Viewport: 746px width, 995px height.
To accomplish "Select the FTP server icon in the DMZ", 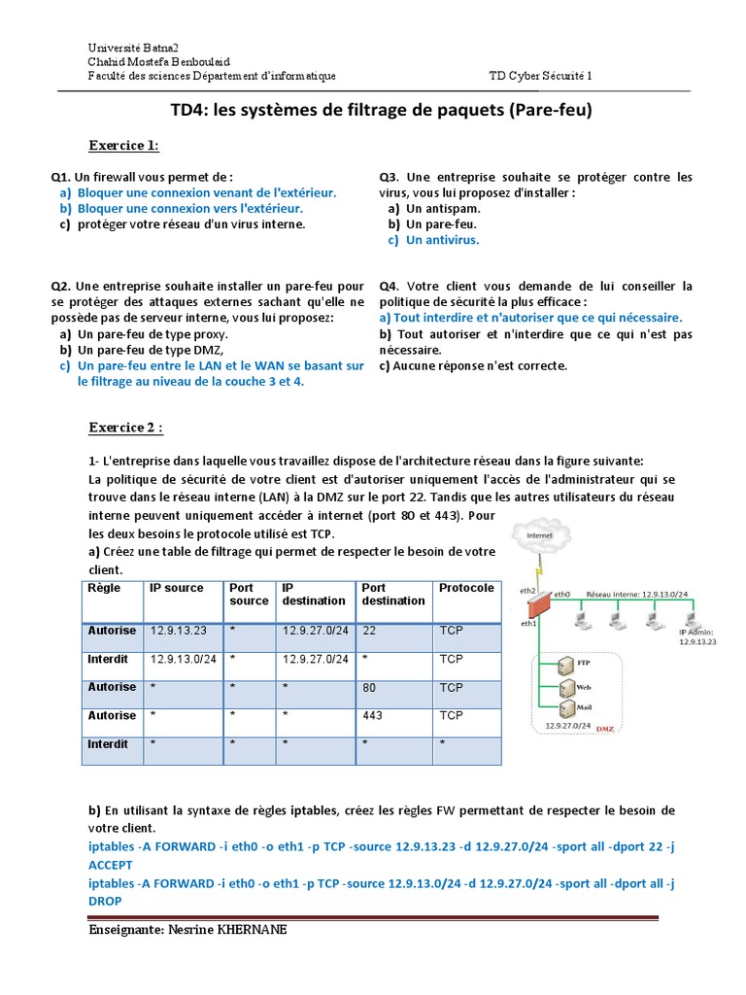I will (x=564, y=666).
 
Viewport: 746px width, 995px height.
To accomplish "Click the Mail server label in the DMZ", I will (x=584, y=708).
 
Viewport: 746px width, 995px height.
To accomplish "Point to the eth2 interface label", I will (x=527, y=591).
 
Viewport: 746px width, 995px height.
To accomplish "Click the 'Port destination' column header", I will (x=393, y=594).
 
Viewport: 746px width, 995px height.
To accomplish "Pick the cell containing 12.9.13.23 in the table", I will (x=179, y=631).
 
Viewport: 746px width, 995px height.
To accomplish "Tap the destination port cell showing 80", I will (x=369, y=688).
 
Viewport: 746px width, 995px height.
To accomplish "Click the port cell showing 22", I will (x=369, y=631).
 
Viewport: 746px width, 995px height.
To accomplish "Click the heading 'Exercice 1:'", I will (x=123, y=146).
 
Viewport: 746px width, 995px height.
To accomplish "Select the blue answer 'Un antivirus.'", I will (x=442, y=239).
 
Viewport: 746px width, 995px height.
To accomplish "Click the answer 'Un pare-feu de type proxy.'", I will (x=157, y=334).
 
